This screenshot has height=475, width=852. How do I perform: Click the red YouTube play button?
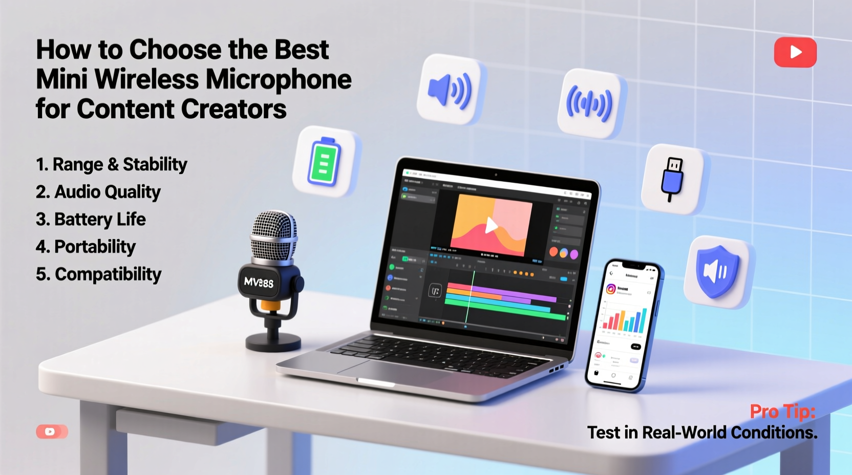pyautogui.click(x=795, y=52)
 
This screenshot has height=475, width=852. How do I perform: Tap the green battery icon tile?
pyautogui.click(x=325, y=161)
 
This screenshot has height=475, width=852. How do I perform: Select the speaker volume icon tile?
pyautogui.click(x=450, y=90)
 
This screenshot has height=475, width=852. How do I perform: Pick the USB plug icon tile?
pyautogui.click(x=672, y=179)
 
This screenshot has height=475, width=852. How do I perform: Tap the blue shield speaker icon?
pyautogui.click(x=717, y=272)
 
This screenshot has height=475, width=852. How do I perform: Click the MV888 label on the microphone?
pyautogui.click(x=259, y=282)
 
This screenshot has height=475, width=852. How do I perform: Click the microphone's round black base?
pyautogui.click(x=273, y=341)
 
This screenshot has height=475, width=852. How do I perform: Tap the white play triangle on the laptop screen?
pyautogui.click(x=491, y=225)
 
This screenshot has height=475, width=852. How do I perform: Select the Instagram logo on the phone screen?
pyautogui.click(x=611, y=289)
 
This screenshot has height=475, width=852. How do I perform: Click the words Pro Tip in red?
pyautogui.click(x=782, y=412)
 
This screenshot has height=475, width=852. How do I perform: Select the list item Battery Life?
pyautogui.click(x=91, y=220)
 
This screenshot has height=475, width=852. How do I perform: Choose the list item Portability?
pyautogui.click(x=86, y=247)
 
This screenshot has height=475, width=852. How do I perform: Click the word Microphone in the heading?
pyautogui.click(x=279, y=79)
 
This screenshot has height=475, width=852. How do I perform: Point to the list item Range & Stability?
pyautogui.click(x=111, y=164)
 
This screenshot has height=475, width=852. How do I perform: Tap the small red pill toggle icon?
pyautogui.click(x=52, y=431)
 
